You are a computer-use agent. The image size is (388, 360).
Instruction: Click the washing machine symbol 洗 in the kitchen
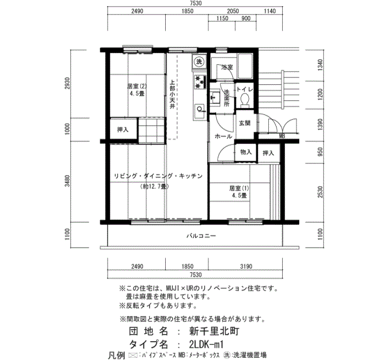[199, 61]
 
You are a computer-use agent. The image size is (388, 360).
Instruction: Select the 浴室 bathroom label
[227, 67]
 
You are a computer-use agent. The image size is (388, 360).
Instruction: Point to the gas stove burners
[200, 81]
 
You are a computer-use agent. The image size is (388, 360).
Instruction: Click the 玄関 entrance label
[244, 123]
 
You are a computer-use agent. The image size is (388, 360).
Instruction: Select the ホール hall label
[223, 136]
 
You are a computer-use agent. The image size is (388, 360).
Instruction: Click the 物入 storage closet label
[246, 152]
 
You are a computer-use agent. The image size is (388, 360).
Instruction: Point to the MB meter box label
[282, 136]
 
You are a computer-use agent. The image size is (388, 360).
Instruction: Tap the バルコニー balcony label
[201, 235]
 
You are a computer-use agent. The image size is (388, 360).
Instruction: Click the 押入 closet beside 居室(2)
[122, 129]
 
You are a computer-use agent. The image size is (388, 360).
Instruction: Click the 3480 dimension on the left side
[67, 181]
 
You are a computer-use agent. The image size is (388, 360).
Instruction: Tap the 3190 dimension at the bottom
[246, 266]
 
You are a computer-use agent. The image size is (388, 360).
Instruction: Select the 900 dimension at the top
[246, 18]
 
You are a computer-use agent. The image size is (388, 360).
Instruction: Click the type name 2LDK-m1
[206, 344]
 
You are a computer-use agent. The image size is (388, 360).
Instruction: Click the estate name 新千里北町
[214, 331]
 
